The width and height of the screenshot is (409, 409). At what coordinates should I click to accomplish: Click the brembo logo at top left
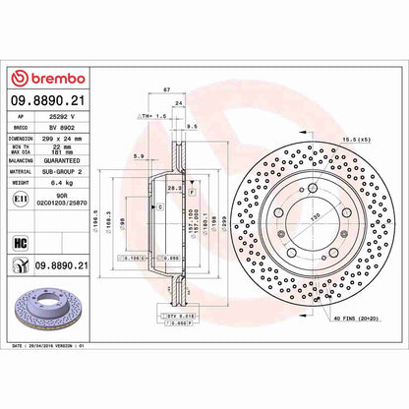tap(50, 78)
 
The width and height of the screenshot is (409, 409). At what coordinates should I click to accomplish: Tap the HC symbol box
tap(19, 242)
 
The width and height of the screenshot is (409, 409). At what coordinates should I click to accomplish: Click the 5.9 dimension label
tap(140, 156)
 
